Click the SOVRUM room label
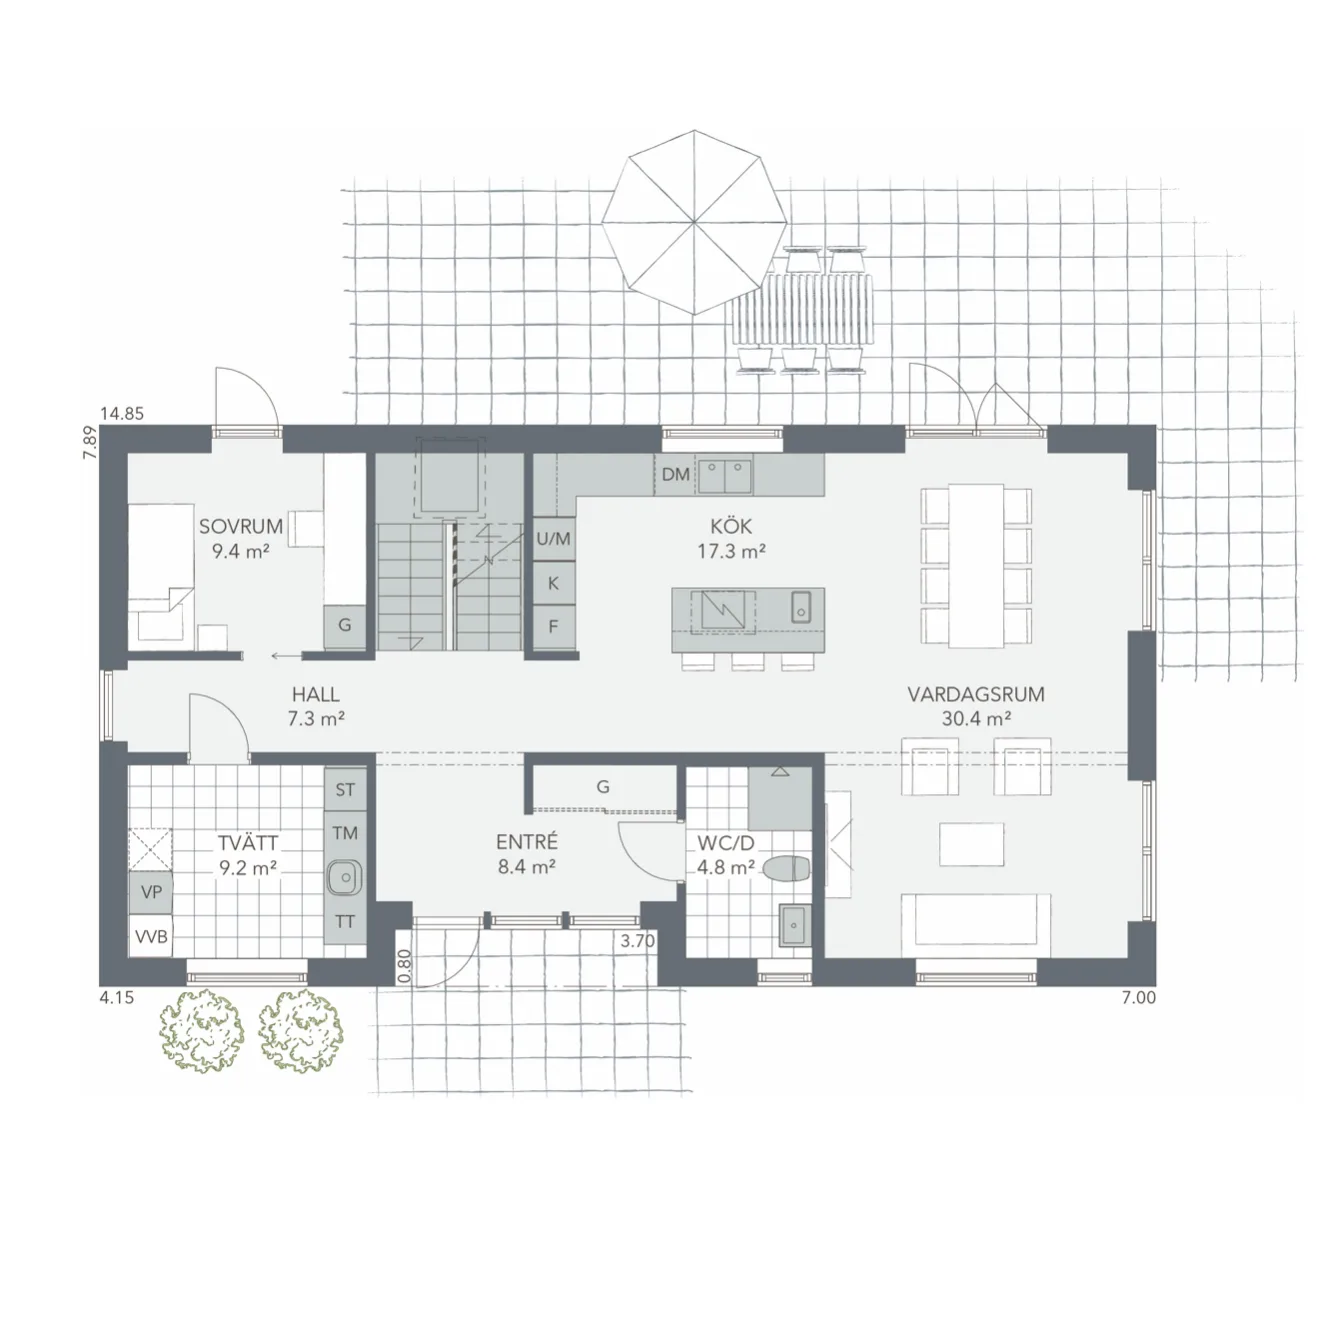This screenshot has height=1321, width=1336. pos(241,527)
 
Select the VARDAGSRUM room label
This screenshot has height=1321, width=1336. pos(975,694)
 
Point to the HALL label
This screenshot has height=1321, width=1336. pos(315,694)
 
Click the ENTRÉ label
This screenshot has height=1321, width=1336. pos(527,843)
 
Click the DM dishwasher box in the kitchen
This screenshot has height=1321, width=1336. pos(676,474)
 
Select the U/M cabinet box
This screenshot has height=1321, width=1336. pos(553,539)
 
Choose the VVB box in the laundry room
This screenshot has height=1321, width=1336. pos(151,937)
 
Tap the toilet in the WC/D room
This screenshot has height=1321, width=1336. pos(787,869)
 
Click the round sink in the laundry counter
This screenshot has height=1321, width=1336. pos(344,878)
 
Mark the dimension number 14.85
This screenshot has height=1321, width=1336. pos(122,413)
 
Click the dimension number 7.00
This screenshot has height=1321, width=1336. pos(1138,997)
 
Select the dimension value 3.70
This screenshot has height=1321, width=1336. pos(637,941)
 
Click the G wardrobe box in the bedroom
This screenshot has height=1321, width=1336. pos(344,626)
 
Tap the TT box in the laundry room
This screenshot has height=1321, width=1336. pos(344,922)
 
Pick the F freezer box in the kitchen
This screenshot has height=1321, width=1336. pos(553,628)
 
